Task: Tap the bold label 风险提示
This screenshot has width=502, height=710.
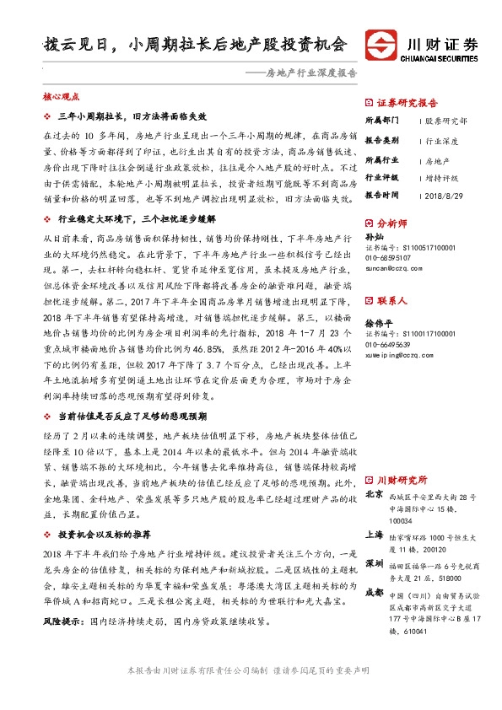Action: click(62, 621)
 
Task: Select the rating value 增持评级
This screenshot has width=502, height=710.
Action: click(442, 177)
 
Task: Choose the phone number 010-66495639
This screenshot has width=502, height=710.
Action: click(393, 345)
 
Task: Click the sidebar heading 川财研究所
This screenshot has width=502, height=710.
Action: click(402, 480)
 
